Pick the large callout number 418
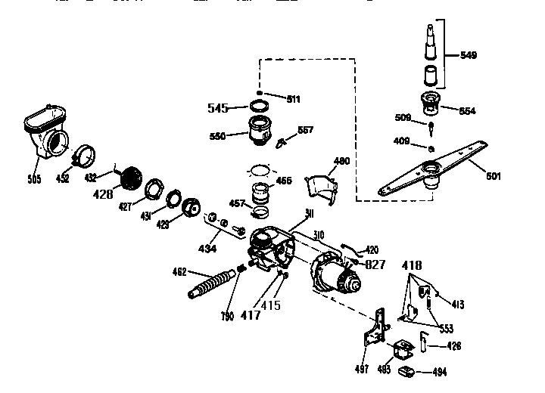point(413,265)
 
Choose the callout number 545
point(218,108)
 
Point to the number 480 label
point(341,160)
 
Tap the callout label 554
point(469,110)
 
